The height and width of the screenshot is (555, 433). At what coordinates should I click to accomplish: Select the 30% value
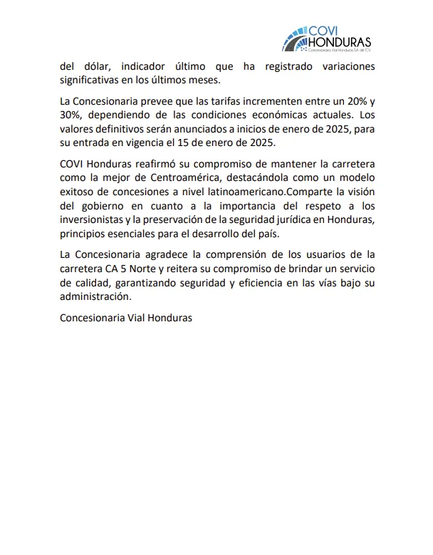(x=71, y=115)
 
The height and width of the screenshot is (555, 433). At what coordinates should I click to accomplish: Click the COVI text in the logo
(x=318, y=29)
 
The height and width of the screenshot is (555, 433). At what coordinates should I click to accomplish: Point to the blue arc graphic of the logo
(x=289, y=40)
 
